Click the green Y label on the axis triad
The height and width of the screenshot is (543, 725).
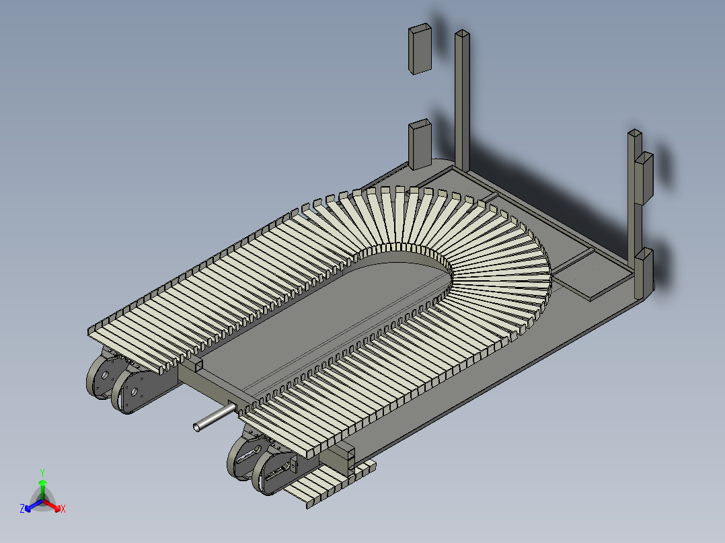[x=42, y=472]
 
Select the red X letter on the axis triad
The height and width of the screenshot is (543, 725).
[x=63, y=509]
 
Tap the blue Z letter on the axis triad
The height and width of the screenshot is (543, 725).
[x=22, y=509]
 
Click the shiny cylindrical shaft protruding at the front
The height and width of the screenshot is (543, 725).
[x=210, y=420]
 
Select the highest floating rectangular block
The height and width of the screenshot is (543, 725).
[x=420, y=48]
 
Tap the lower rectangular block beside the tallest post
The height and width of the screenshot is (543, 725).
[x=420, y=144]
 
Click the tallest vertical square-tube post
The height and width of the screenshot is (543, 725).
[x=463, y=101]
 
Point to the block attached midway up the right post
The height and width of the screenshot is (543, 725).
[x=644, y=177]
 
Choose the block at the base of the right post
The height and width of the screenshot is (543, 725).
[x=644, y=272]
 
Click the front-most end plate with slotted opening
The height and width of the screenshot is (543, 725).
[x=273, y=474]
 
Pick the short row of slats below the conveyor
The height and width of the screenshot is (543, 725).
[x=330, y=482]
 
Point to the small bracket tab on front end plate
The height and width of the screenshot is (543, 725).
[x=293, y=462]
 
